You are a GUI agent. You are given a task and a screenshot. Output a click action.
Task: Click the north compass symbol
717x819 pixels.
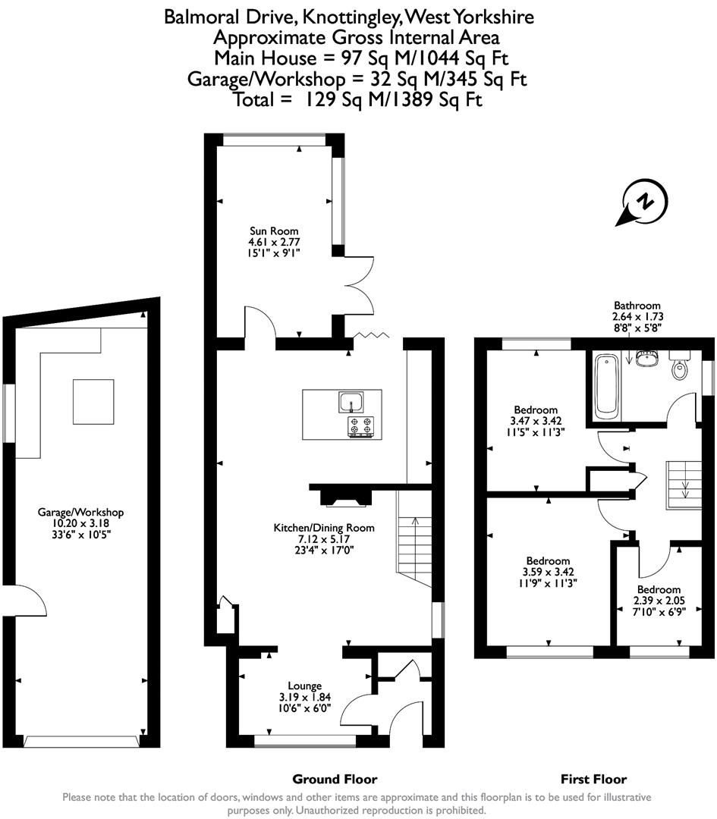[644, 202]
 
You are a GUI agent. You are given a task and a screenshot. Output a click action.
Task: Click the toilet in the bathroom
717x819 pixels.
[678, 367]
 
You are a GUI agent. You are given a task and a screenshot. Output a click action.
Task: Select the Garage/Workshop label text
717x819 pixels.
[80, 513]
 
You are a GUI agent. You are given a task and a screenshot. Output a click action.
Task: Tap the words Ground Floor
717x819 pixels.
[335, 779]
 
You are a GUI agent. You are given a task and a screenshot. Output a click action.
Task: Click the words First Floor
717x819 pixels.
[593, 779]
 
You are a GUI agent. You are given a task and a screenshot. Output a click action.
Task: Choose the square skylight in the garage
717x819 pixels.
[93, 402]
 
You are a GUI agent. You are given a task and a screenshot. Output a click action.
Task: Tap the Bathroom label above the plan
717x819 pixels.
[637, 306]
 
